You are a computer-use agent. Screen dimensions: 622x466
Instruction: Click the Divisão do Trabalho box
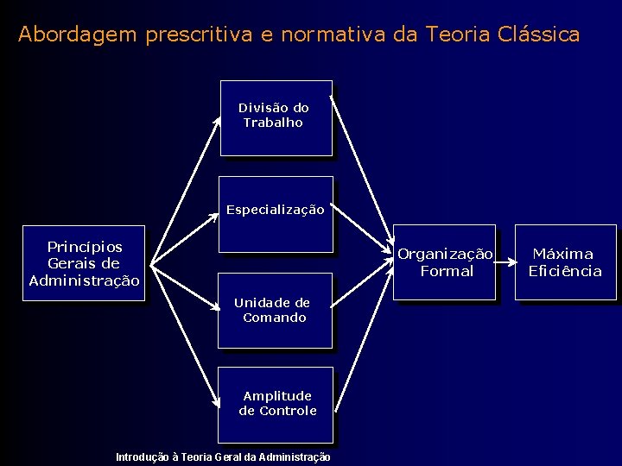[276, 118]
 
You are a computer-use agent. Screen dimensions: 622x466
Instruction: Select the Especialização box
[276, 214]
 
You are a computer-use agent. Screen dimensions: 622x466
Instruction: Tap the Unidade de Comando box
[275, 311]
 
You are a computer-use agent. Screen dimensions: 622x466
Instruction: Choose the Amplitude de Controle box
[276, 404]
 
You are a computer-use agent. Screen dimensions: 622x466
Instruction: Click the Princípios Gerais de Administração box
[84, 263]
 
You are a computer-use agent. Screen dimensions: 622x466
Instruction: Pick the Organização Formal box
[445, 262]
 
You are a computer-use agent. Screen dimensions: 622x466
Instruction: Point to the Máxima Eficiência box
[565, 262]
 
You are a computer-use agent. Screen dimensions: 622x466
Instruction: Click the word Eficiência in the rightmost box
[565, 271]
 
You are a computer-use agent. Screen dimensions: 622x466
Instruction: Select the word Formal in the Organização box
[447, 271]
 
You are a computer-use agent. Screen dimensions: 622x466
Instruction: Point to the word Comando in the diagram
[275, 318]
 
